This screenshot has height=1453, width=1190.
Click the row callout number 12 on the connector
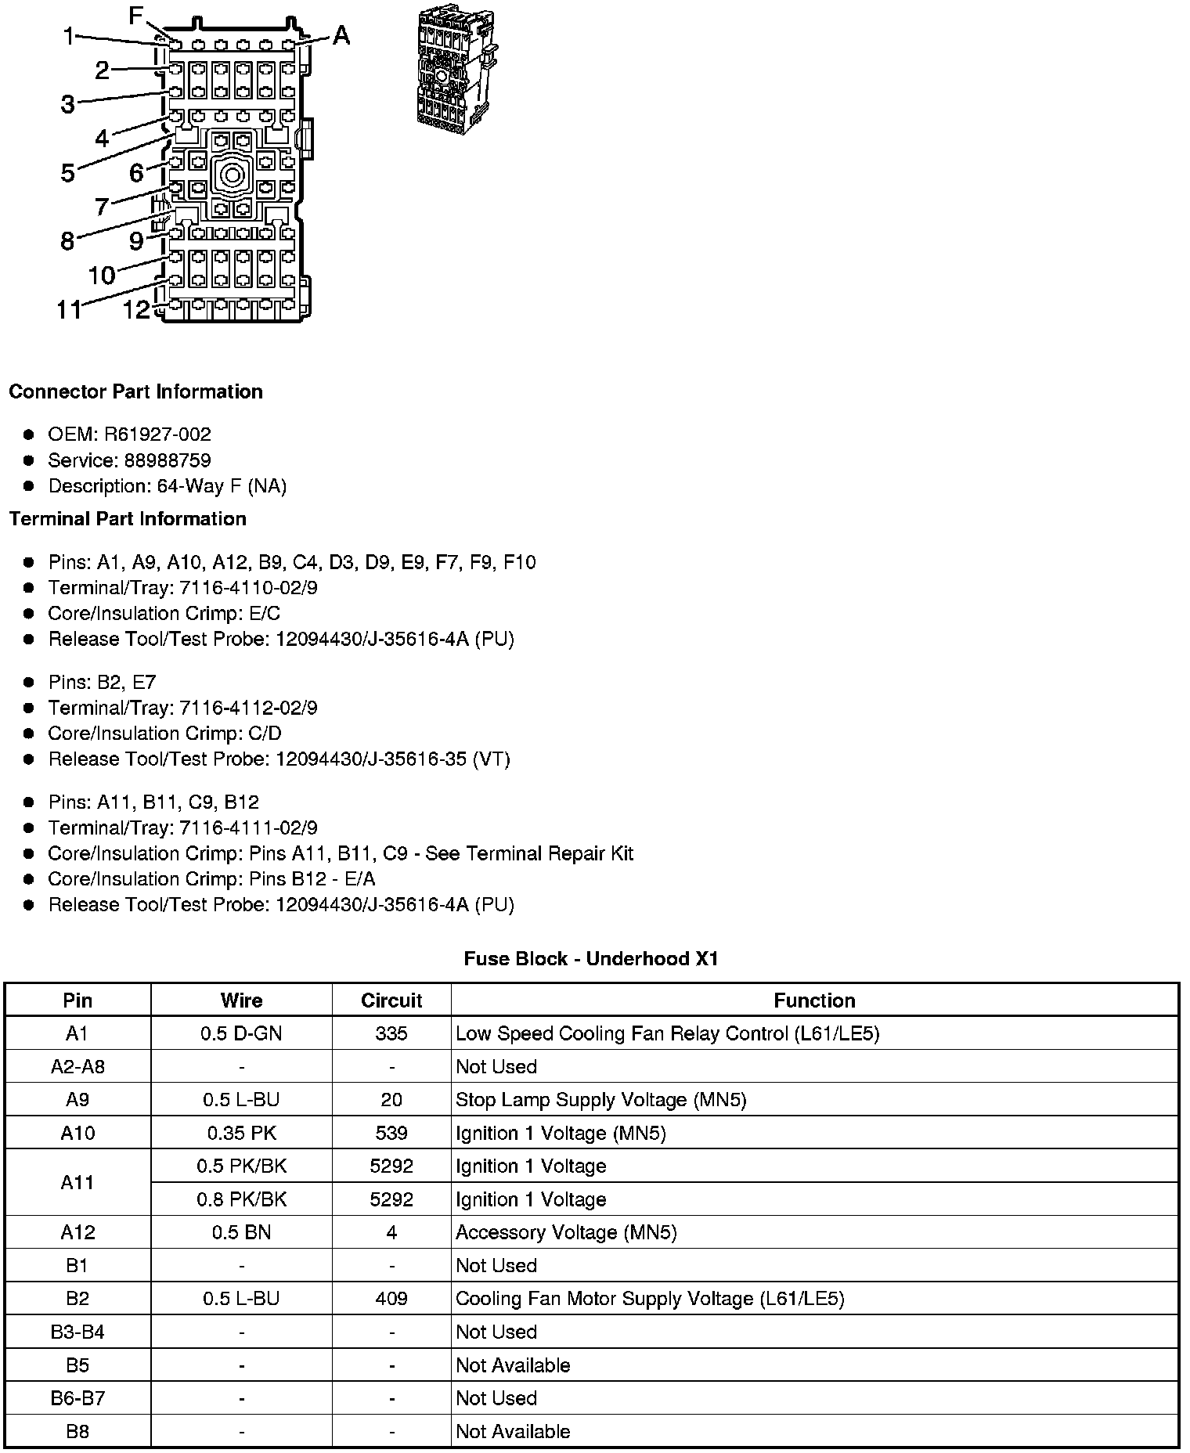pos(135,309)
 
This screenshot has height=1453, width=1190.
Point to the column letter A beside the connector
pos(341,35)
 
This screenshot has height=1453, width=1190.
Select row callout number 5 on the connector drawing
pos(68,172)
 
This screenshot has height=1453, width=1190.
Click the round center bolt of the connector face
pos(232,174)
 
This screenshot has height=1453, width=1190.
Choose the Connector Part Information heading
pos(135,391)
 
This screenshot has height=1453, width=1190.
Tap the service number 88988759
pos(168,460)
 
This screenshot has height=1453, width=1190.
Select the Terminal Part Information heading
pos(128,519)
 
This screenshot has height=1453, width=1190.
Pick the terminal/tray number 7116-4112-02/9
pos(248,708)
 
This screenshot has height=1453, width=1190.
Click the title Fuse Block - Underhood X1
pos(591,958)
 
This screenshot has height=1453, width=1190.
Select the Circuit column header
pos(391,1001)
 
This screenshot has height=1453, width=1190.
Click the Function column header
pos(814,1001)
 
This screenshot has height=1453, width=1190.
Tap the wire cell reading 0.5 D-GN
pos(241,1033)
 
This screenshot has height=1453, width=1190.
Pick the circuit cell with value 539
pos(391,1133)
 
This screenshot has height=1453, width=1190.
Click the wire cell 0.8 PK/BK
pos(241,1199)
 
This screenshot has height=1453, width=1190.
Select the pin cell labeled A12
pos(78,1232)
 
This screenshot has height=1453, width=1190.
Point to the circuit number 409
pos(391,1299)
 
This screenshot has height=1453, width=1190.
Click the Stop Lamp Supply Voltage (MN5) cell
pos(600,1100)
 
